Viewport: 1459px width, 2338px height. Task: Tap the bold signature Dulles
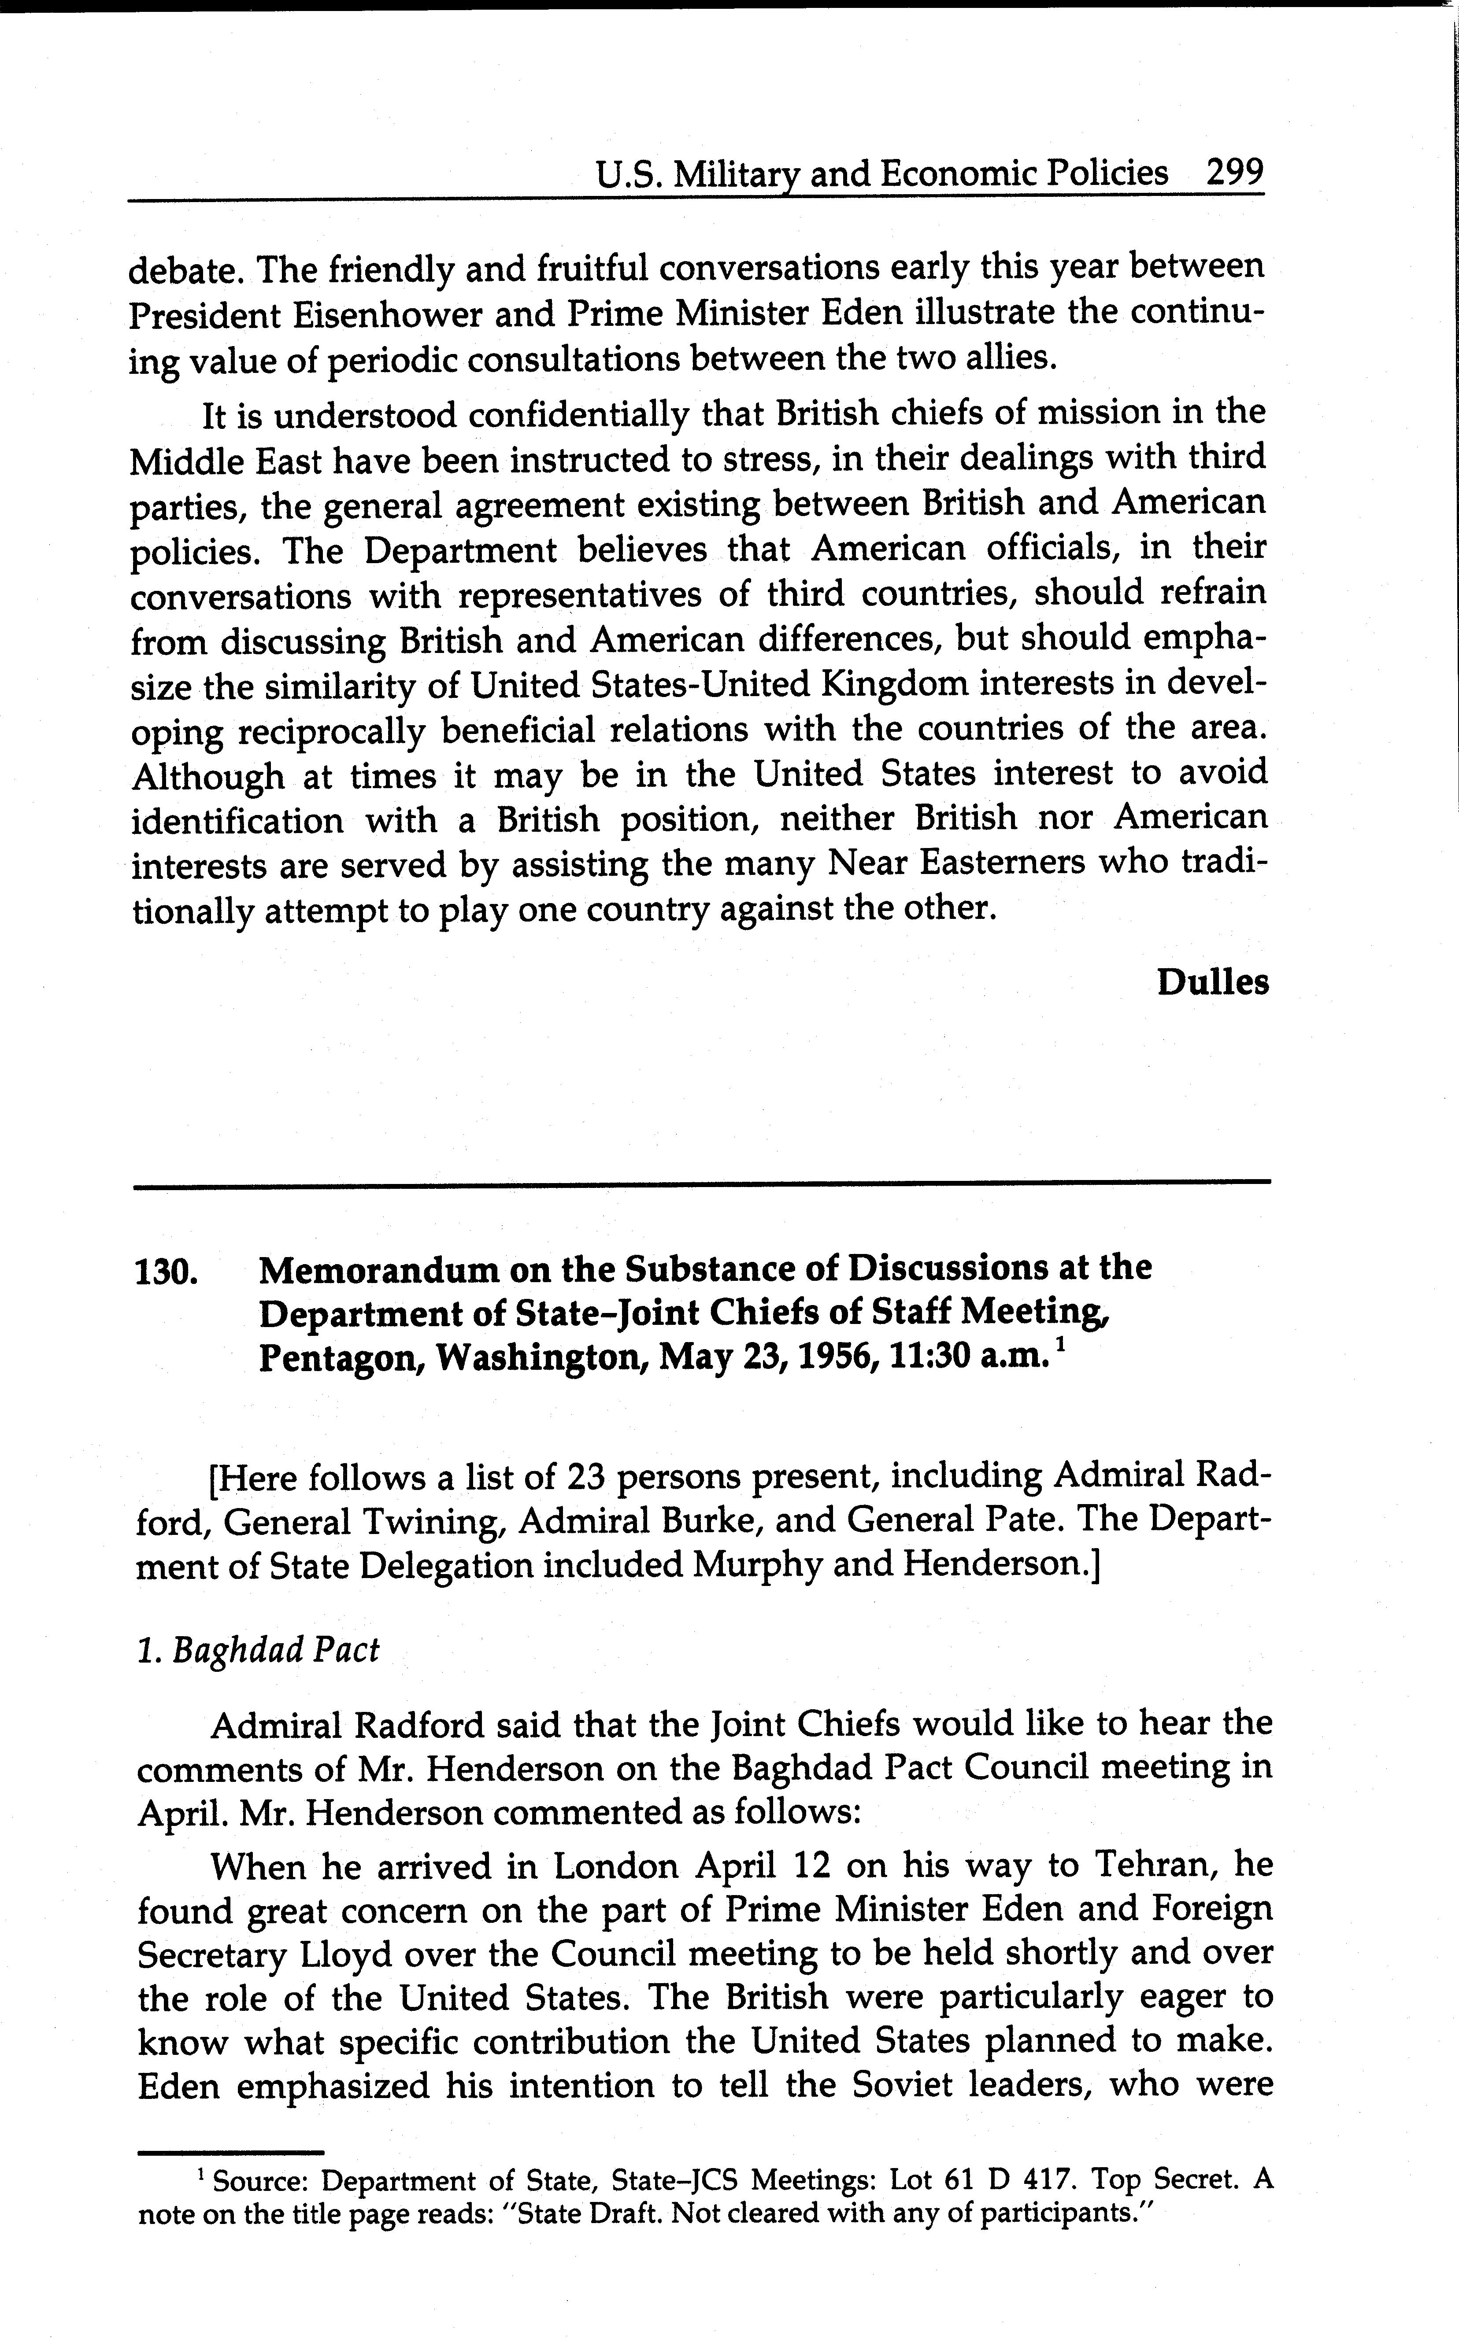point(1212,982)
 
